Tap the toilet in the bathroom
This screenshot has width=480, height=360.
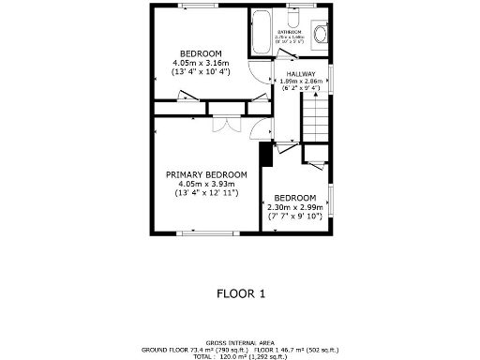coord(292,21)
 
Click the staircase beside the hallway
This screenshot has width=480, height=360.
coord(315,118)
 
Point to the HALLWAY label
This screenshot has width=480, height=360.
coord(301,73)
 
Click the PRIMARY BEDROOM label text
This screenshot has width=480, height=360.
coord(206,174)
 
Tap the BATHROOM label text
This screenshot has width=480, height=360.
coord(288,32)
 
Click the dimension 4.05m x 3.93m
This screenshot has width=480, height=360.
coord(206,184)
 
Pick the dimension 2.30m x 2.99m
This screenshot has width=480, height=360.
coord(295,207)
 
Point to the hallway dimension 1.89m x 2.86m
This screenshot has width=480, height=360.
coord(301,82)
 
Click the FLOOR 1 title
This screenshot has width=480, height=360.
coord(241,293)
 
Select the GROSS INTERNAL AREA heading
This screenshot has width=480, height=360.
coord(240,343)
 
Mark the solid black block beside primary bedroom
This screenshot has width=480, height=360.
coord(265,152)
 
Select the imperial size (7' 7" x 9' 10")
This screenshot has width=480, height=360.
coord(295,216)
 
